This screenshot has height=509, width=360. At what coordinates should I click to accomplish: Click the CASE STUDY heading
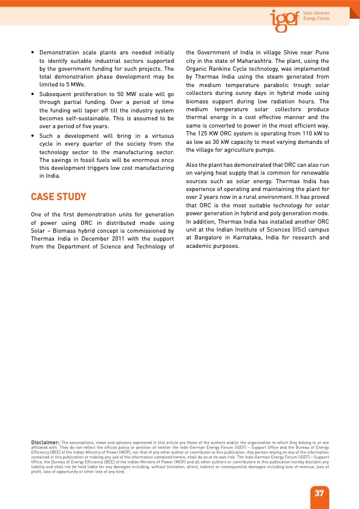[58, 197]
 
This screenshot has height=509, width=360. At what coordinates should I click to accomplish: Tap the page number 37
[319, 493]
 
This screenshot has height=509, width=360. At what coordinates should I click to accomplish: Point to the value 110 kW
[310, 133]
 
